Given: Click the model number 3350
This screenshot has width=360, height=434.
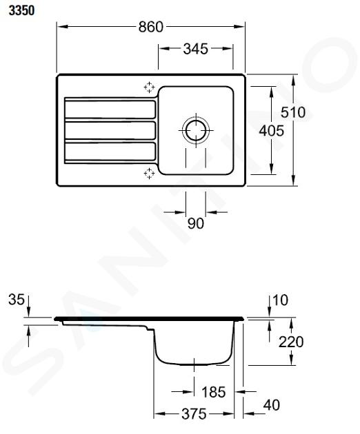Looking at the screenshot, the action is (21, 11).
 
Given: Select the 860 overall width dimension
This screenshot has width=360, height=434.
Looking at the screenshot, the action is (151, 27).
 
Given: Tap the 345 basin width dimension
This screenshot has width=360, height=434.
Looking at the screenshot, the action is (195, 49).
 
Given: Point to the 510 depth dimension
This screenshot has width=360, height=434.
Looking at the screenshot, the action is (293, 112).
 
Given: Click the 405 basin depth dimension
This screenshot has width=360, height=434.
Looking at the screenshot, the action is (271, 131).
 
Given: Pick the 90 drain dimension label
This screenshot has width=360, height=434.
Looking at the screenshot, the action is (196, 223).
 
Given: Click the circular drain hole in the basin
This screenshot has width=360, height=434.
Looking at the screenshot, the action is (196, 130).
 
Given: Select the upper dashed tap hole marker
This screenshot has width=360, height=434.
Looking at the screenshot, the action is (150, 87).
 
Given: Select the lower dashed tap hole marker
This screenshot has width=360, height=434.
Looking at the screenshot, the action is (150, 174).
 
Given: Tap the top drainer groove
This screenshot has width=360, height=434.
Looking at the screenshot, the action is (110, 110).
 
